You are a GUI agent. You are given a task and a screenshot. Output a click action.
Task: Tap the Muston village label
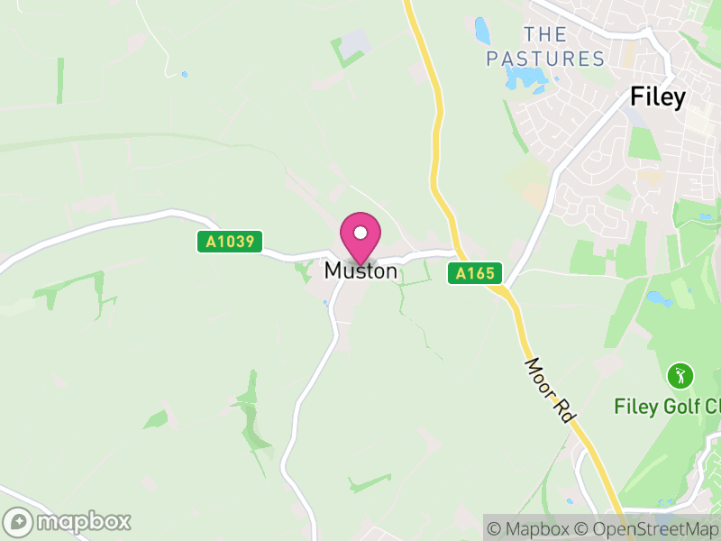tap(360, 270)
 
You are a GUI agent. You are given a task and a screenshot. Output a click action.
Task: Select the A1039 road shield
tap(230, 242)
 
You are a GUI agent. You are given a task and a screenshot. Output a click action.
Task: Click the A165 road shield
tap(475, 273)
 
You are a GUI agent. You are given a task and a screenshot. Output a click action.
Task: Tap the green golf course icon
tap(680, 374)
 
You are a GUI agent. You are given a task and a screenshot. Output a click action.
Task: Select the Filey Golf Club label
tap(667, 406)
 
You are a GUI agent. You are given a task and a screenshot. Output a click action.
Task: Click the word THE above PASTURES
tap(545, 35)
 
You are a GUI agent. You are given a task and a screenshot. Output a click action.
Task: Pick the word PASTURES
tap(545, 60)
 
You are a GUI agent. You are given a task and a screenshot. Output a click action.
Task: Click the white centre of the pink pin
tap(360, 233)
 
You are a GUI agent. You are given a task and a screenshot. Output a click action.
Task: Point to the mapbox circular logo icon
tap(18, 522)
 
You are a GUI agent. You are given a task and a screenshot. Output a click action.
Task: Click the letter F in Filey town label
tap(636, 97)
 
